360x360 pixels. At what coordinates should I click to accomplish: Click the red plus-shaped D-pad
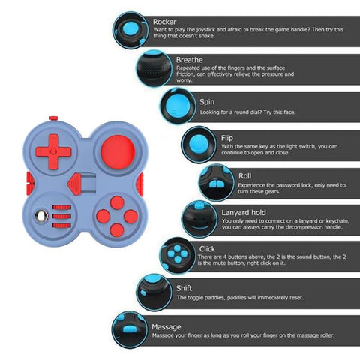[x=53, y=151]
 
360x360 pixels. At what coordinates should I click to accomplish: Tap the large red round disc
[x=118, y=152]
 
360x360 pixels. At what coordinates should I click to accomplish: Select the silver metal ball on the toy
[x=42, y=216]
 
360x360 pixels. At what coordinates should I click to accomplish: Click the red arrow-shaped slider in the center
[x=74, y=184]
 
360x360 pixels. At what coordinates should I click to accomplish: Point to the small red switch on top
[x=53, y=118]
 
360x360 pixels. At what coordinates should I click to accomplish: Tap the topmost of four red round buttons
[x=117, y=202]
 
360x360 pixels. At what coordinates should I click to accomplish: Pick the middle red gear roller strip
[x=61, y=217]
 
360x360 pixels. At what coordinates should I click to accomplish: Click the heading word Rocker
[x=164, y=22]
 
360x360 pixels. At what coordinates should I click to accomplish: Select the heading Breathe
[x=190, y=60]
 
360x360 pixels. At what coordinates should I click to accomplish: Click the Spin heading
[x=207, y=102]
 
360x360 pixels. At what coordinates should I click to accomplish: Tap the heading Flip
[x=227, y=138]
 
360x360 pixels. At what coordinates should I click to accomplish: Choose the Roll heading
[x=244, y=176]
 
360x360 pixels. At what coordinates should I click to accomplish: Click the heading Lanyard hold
[x=244, y=213]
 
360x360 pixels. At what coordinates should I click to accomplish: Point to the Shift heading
[x=184, y=288]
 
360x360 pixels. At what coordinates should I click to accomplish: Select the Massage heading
[x=166, y=327]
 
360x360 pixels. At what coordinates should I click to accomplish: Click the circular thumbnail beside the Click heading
[x=178, y=256]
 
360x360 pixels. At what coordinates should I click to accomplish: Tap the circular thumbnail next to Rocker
[x=130, y=30]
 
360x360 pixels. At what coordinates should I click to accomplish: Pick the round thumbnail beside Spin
[x=178, y=106]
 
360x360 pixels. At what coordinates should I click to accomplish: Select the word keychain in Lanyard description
[x=335, y=221]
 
